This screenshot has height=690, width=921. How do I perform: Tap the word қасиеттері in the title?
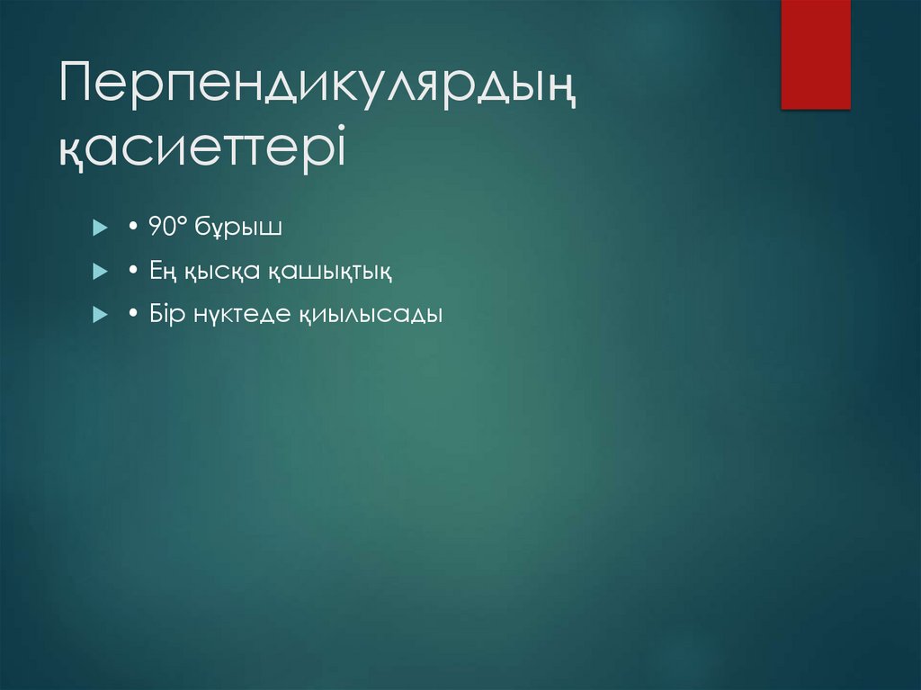(201, 148)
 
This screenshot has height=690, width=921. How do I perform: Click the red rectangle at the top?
(815, 54)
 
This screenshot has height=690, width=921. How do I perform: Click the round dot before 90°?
(132, 229)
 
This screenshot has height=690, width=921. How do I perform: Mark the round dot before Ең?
(132, 272)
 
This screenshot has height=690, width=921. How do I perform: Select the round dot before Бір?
(132, 315)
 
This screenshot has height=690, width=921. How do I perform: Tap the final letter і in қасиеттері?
(337, 144)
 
